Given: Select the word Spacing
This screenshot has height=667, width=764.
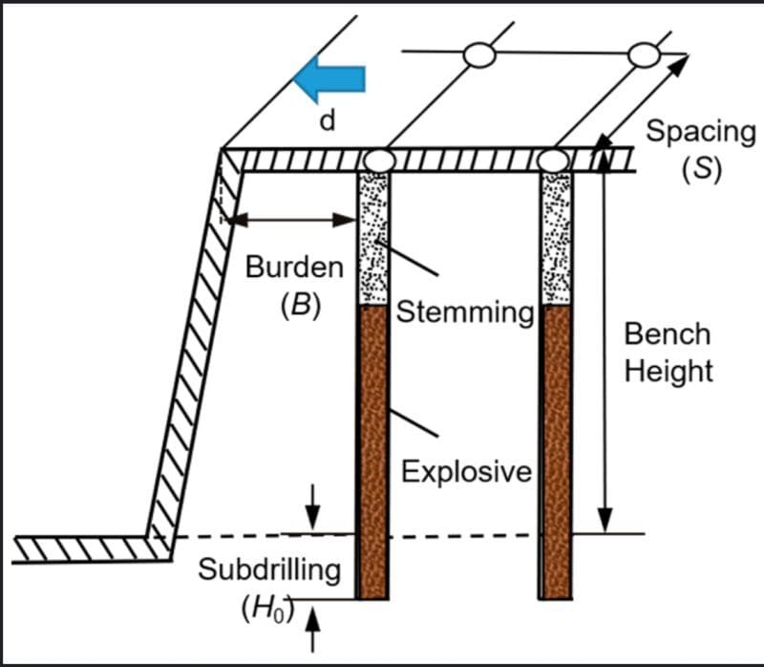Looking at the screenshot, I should coord(700,132).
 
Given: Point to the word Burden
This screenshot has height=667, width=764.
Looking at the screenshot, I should coord(294,268).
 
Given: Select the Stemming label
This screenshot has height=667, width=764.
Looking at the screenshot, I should coord(464,312).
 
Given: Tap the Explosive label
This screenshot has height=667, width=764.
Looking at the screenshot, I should coord(466,471).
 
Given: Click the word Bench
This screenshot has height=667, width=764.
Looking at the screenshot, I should coord(668,333).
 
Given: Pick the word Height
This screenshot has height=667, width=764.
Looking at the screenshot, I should coord(668,371).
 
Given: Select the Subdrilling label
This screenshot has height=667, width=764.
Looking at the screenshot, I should coord(269,570).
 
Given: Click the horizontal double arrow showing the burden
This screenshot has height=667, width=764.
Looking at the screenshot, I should coord(290,219).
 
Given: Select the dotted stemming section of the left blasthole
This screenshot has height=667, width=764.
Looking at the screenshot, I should coord(372,239).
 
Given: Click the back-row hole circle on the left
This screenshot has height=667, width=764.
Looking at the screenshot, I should coord(479,55).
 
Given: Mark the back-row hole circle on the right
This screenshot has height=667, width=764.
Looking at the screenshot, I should coord(645,55).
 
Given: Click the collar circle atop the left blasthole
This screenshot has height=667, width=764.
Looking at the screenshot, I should coord(379,160).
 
